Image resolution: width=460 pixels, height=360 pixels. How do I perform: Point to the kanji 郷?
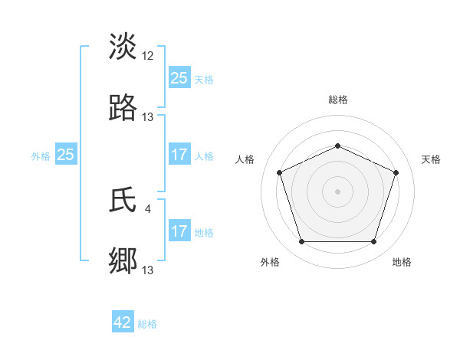[x=123, y=260]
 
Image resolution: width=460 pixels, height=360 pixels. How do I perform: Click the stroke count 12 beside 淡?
[x=148, y=56]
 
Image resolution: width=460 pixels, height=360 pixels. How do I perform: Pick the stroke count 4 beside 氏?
[x=147, y=208]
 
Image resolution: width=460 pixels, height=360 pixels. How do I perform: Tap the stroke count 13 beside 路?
[x=148, y=117]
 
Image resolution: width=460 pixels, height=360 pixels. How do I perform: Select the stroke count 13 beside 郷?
[x=148, y=270]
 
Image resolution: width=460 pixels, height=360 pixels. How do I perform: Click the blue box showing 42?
[x=123, y=322]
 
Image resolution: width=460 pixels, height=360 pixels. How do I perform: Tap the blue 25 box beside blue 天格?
[x=179, y=78]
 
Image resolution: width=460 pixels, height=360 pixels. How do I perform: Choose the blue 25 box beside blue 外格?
[x=65, y=155]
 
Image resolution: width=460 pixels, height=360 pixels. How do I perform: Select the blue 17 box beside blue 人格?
[x=179, y=155]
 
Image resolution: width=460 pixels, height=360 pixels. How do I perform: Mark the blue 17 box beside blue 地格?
[x=179, y=231]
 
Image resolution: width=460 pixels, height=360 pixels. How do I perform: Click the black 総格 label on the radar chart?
[x=338, y=100]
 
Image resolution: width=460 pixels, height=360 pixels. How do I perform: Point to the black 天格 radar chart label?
[x=431, y=159]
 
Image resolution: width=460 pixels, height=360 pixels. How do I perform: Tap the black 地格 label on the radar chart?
[x=402, y=262]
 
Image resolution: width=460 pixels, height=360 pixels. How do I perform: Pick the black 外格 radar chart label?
[x=270, y=262]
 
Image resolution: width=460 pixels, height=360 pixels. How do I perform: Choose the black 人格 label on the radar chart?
[x=245, y=159]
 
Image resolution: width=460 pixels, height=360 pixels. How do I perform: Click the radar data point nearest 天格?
[x=396, y=172]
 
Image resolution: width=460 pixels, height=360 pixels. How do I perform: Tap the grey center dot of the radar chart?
[x=338, y=191]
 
